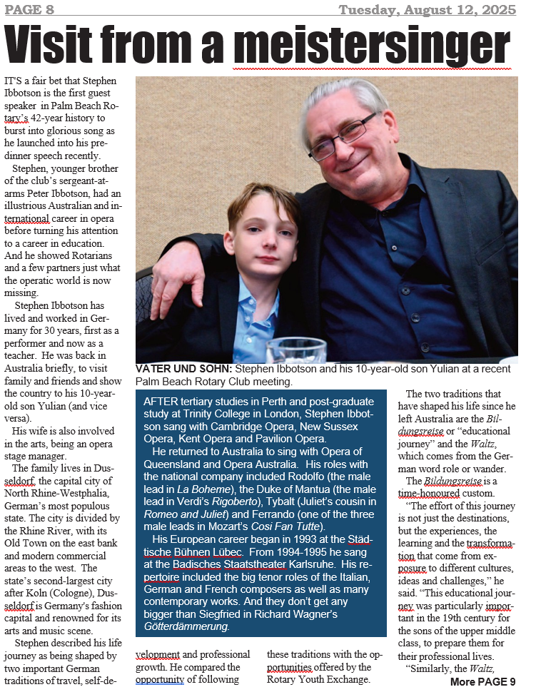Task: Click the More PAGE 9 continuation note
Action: [482, 682]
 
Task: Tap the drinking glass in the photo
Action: [295, 350]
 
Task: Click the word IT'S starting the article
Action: [16, 84]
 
